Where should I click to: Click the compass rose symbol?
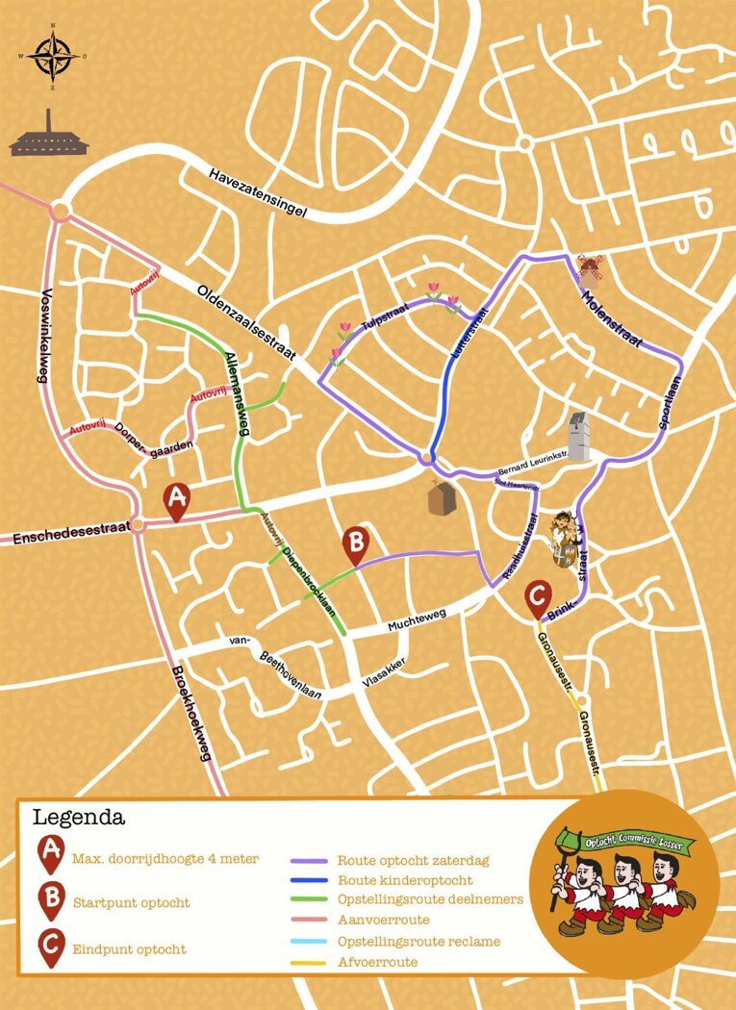(x=54, y=55)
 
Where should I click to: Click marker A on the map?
(x=176, y=501)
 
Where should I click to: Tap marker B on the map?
(x=355, y=545)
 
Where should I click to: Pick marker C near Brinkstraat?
(x=538, y=599)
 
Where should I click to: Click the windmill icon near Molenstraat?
(x=589, y=270)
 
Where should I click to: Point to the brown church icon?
(x=441, y=497)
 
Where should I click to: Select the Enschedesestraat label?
(x=71, y=535)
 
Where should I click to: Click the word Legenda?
(x=79, y=819)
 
